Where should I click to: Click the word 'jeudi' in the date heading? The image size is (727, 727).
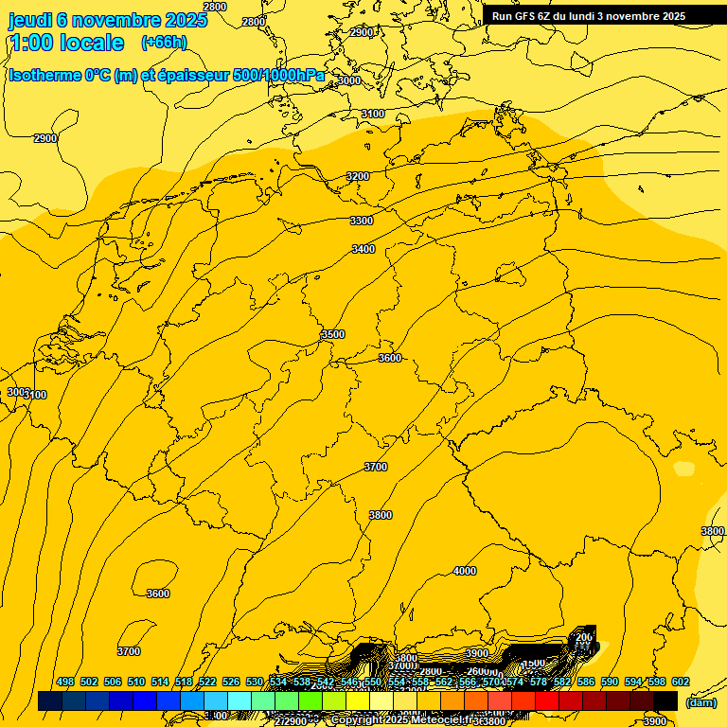click(30, 20)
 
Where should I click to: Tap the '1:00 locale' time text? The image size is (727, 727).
click(67, 43)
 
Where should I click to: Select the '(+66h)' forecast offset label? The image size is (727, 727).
click(164, 43)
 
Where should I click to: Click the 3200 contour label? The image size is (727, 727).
click(357, 176)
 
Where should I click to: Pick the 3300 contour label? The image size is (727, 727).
click(362, 221)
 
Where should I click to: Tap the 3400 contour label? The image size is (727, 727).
click(363, 249)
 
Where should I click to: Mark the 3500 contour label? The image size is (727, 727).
click(333, 334)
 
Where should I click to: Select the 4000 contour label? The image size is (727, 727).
click(465, 571)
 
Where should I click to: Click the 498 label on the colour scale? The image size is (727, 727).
click(65, 682)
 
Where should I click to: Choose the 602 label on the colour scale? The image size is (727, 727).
click(681, 682)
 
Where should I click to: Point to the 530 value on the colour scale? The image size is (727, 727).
click(255, 682)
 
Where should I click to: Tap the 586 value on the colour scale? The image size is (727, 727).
click(586, 682)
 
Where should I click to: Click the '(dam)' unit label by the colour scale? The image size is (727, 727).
click(700, 701)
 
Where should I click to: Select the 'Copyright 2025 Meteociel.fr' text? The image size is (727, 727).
click(409, 720)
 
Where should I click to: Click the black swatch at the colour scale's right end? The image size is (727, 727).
click(665, 701)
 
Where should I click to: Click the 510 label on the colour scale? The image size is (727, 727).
click(136, 682)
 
